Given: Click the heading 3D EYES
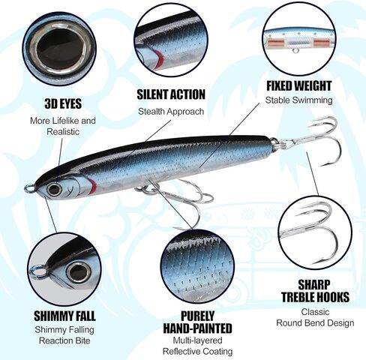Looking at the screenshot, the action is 63,103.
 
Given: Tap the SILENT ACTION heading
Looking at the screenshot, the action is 171,94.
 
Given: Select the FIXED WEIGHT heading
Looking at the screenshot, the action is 298,86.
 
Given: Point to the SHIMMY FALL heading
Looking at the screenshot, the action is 64,316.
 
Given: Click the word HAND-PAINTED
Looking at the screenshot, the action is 197,328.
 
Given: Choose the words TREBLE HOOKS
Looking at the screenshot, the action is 315,297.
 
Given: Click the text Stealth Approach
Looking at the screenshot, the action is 171,112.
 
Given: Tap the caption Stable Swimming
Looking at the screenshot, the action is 298,100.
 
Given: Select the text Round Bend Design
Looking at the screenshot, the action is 315,322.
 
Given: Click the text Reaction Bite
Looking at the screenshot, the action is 64,340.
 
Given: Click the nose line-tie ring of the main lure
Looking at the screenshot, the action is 30,188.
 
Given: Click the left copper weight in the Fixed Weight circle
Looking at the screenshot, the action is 276,43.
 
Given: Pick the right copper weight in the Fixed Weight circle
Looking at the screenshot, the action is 322,43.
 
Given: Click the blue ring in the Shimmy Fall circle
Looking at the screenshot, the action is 37,273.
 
